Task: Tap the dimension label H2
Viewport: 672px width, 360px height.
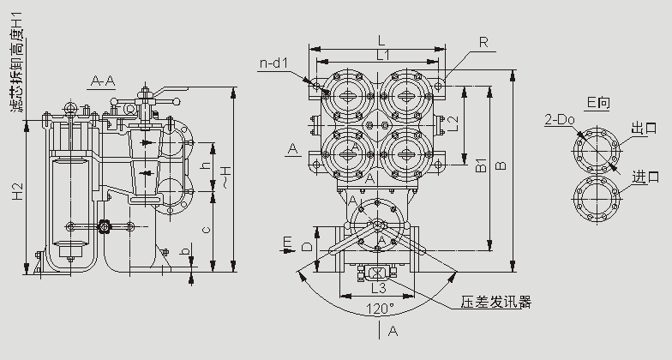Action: [x=18, y=194]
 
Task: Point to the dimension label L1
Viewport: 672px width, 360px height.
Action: [x=379, y=54]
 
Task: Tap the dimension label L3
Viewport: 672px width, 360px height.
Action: [x=378, y=289]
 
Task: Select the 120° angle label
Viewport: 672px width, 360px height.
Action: [x=379, y=307]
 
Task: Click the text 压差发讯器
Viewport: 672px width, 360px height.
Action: [x=496, y=302]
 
